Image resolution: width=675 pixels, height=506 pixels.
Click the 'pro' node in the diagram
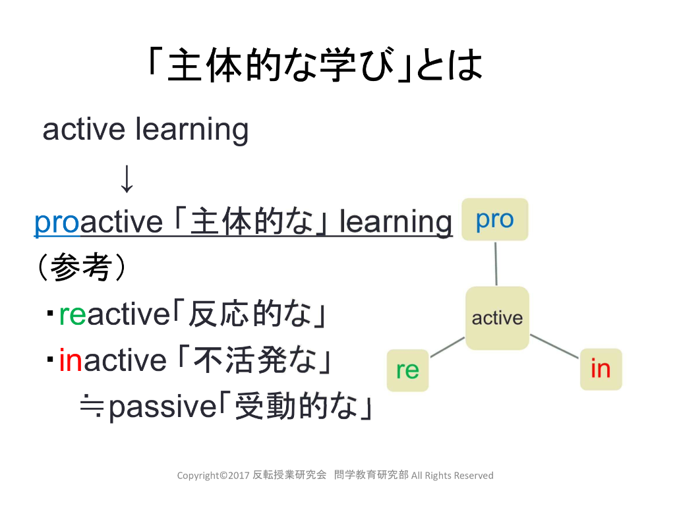494,219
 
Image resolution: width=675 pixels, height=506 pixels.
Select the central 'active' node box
497,318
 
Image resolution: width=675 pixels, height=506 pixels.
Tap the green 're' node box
407,370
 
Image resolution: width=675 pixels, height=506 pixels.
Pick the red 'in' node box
601,368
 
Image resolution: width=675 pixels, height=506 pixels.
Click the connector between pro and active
496,264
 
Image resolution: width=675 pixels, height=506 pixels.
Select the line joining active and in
554,347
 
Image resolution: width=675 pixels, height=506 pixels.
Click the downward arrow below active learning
127,179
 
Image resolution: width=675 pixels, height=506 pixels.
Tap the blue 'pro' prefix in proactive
57,223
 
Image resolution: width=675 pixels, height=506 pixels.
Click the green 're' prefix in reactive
73,315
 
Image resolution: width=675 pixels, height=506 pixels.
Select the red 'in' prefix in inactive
71,360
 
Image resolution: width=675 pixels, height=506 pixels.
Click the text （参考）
80,269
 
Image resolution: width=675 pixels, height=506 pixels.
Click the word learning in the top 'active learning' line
192,130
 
